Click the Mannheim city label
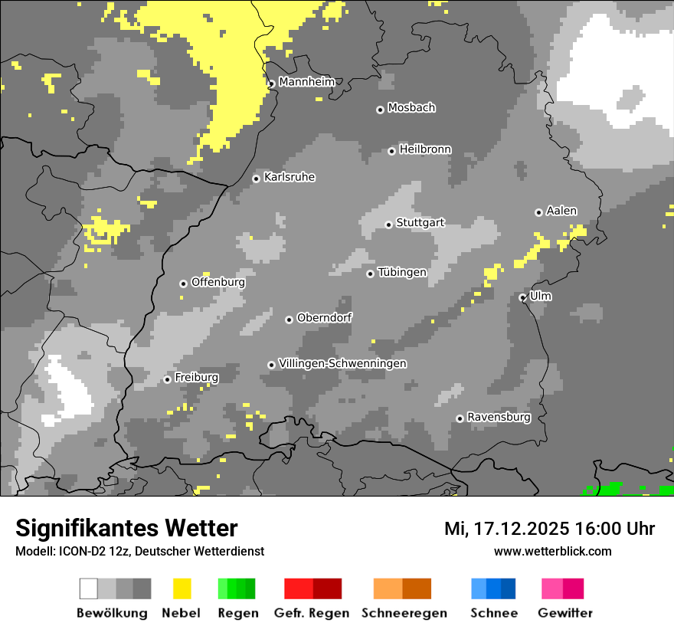click(x=306, y=82)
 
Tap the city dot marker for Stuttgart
click(x=389, y=225)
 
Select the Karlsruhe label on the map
click(x=289, y=177)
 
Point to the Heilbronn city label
click(x=425, y=149)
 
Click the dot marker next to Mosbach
click(x=380, y=110)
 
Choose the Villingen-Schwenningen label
click(x=342, y=363)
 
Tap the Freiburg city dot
click(x=167, y=379)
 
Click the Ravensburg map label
click(x=499, y=417)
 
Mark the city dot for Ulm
click(x=522, y=297)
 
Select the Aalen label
click(x=561, y=211)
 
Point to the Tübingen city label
click(x=402, y=272)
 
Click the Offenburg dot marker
click(x=183, y=284)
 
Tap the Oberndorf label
click(x=324, y=317)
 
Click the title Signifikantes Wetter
click(x=126, y=528)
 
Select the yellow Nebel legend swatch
click(x=182, y=588)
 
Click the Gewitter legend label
click(x=564, y=613)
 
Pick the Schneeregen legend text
click(x=404, y=613)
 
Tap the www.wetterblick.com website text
click(x=552, y=551)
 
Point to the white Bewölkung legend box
click(x=89, y=588)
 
